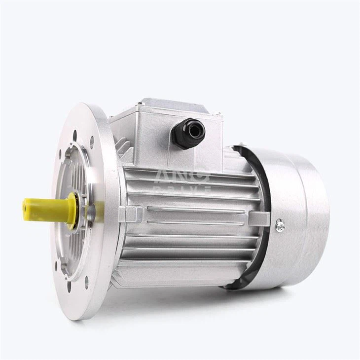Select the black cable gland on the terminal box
[x=187, y=134]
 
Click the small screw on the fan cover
[x=280, y=225]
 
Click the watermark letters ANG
[x=182, y=176]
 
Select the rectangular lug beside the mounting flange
[x=130, y=214]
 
